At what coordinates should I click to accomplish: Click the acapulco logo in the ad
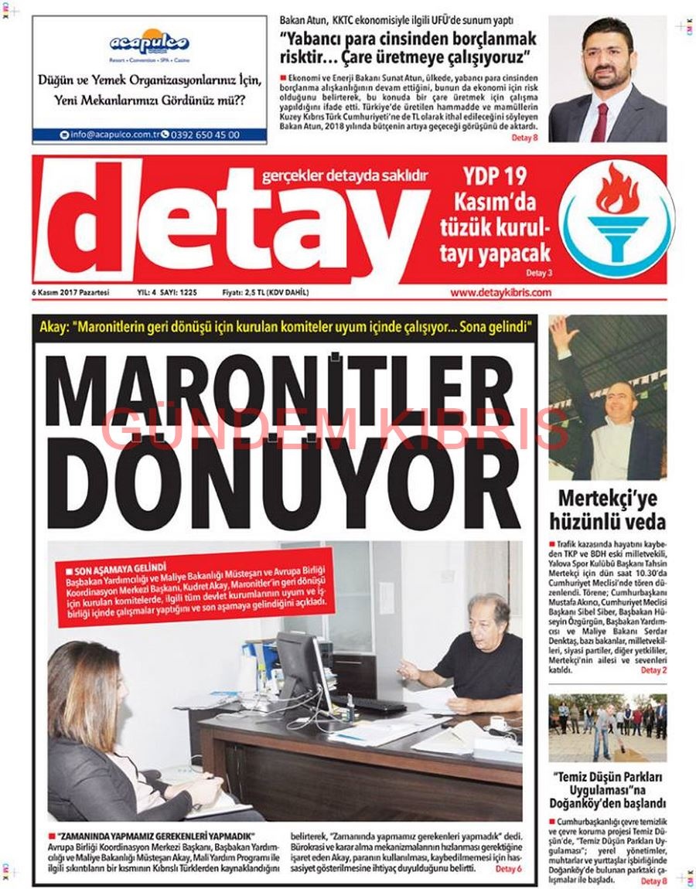pyautogui.click(x=149, y=42)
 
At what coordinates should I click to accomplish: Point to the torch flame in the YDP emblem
pyautogui.click(x=617, y=190)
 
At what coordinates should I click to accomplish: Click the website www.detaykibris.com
pyautogui.click(x=500, y=293)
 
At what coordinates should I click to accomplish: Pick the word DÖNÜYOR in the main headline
pyautogui.click(x=283, y=487)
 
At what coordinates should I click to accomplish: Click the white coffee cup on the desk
pyautogui.click(x=499, y=723)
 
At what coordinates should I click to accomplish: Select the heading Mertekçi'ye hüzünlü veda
pyautogui.click(x=608, y=509)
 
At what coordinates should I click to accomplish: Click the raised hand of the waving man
pyautogui.click(x=562, y=328)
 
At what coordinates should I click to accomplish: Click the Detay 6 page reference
pyautogui.click(x=508, y=869)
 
